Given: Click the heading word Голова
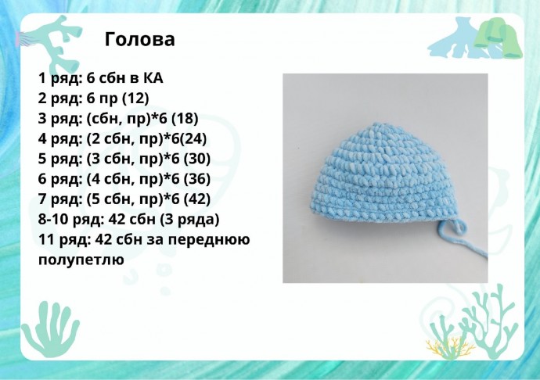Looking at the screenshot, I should coord(139,39).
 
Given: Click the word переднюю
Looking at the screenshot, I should coord(213,239).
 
